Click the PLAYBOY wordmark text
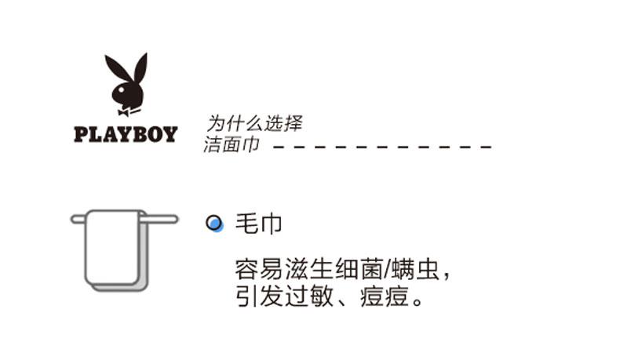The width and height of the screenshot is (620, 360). [x=126, y=134]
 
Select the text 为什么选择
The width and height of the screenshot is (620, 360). [x=253, y=123]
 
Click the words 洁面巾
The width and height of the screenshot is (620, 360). [x=232, y=145]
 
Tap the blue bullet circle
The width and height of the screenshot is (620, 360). [x=213, y=224]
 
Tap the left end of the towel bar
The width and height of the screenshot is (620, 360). [x=75, y=220]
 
